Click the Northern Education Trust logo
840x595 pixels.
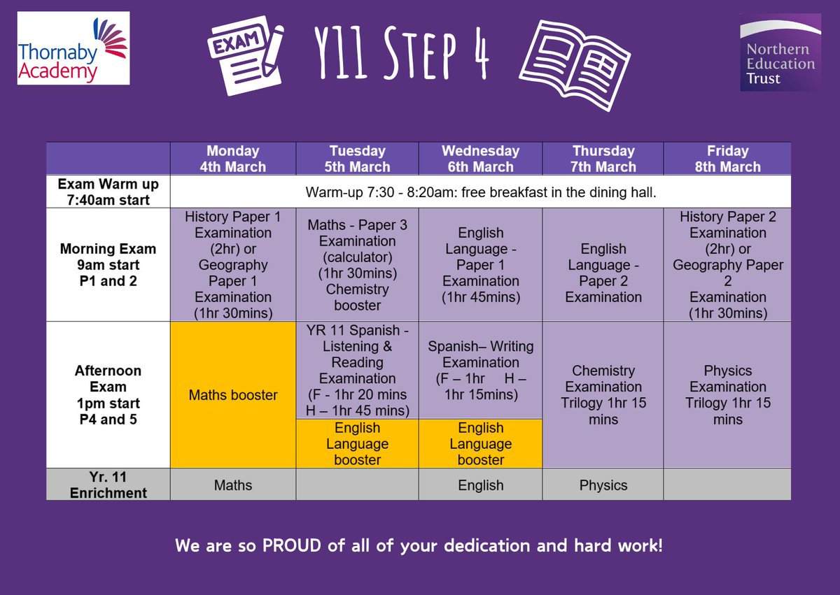coord(780,52)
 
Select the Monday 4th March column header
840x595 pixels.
coord(233,159)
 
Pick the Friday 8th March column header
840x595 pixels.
coord(727,159)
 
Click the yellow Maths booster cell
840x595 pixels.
coord(233,395)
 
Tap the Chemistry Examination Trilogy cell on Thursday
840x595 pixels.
coord(603,395)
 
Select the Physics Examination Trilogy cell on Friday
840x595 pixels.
coord(727,395)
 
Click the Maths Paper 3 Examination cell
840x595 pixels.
coord(358,266)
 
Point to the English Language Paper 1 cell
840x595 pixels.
coord(480,266)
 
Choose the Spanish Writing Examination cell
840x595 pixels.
coord(480,371)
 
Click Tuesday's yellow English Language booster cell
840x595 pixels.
coord(358,444)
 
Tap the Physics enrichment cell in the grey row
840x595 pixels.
coord(603,485)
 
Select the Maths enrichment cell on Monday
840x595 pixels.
coord(233,485)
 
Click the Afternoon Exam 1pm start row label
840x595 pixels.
coord(108,395)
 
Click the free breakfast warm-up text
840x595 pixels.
coord(480,192)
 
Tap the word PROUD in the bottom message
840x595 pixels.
coord(293,545)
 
